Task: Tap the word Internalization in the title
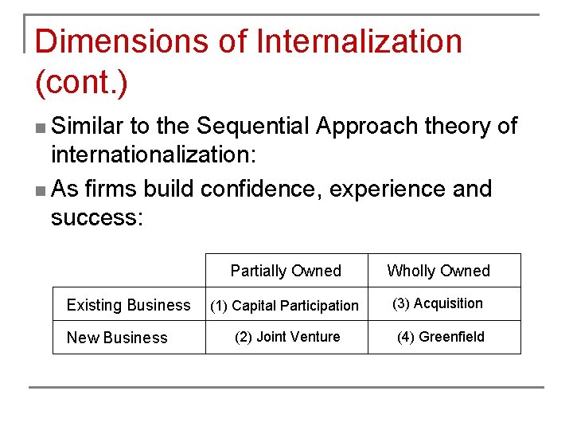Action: [356, 41]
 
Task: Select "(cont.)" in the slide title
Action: [82, 82]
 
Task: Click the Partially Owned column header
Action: [286, 271]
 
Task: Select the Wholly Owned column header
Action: [439, 271]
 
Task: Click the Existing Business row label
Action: [129, 305]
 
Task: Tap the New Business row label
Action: [117, 338]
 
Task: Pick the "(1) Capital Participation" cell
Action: [284, 306]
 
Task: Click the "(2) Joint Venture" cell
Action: [286, 337]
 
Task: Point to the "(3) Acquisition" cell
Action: [438, 303]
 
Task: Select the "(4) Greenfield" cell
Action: [441, 337]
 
